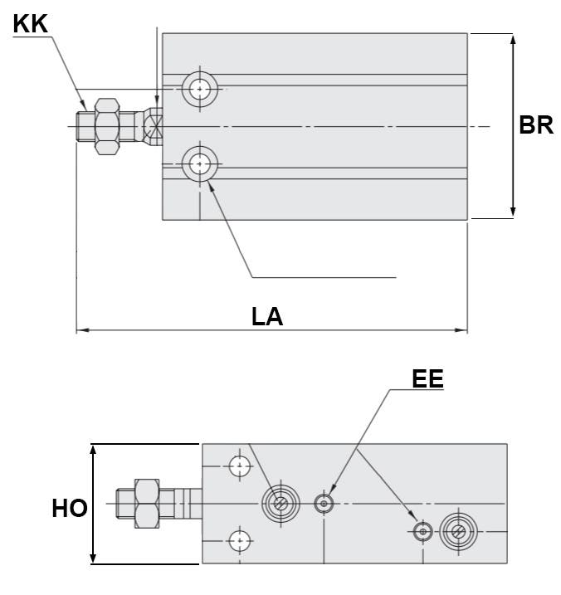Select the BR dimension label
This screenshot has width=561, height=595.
point(535,125)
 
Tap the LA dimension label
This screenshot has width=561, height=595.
point(267,316)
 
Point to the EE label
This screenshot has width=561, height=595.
point(427,379)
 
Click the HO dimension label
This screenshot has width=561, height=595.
point(70,508)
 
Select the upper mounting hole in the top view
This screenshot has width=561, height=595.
point(199,87)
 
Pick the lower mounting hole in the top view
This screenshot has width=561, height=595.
point(199,164)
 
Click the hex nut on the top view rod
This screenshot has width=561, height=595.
point(107,127)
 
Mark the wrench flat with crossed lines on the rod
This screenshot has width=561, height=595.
point(153,126)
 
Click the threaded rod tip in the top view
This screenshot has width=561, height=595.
point(85,127)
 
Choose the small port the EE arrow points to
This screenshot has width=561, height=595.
point(324,504)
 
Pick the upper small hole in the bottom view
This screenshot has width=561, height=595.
point(240,466)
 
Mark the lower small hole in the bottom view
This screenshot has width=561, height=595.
point(240,541)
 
